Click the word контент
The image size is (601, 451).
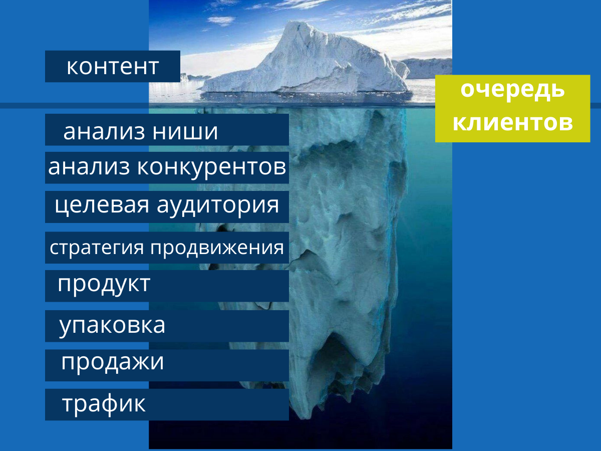(113, 67)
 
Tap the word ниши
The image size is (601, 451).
(185, 132)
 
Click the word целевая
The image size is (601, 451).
(102, 206)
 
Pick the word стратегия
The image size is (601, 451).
(97, 248)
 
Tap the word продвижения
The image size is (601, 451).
(217, 248)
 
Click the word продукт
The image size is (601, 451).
(104, 285)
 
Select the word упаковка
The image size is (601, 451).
(112, 326)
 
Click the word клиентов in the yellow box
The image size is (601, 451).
(512, 122)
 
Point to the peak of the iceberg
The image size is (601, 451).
(297, 22)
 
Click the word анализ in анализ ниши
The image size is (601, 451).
(104, 132)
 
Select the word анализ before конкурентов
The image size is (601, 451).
(89, 167)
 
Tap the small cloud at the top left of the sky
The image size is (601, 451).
(221, 20)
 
